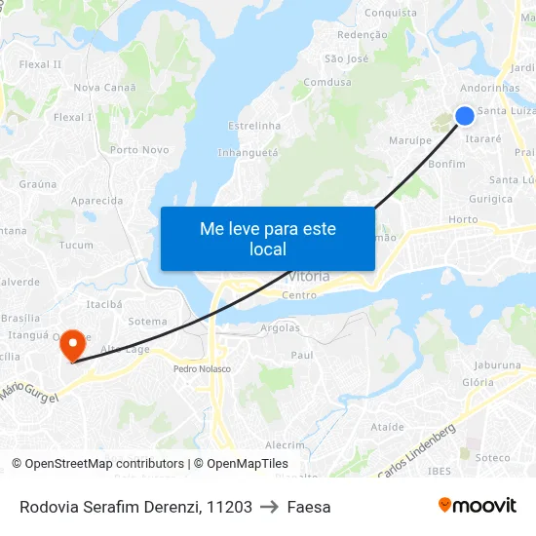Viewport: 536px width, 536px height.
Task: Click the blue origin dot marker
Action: coord(465,115)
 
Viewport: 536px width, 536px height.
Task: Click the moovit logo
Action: coord(478,506)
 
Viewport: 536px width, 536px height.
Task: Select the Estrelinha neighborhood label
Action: coord(253,126)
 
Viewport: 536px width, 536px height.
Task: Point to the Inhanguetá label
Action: coord(248,152)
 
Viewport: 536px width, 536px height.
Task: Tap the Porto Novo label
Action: coord(139,150)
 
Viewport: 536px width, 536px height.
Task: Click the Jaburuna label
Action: coord(499,365)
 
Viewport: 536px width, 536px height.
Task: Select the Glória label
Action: coord(478,383)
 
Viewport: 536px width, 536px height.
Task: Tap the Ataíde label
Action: coord(387,427)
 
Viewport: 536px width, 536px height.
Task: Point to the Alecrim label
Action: coord(286,444)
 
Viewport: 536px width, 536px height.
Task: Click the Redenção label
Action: coord(361,34)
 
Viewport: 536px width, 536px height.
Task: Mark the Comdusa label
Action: coord(327,83)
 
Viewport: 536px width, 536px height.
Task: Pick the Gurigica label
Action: coord(490,199)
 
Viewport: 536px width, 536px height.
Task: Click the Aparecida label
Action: coord(97,201)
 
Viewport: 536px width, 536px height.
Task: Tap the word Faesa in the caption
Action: coord(309,507)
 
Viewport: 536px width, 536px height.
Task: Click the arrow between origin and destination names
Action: coord(269,507)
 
